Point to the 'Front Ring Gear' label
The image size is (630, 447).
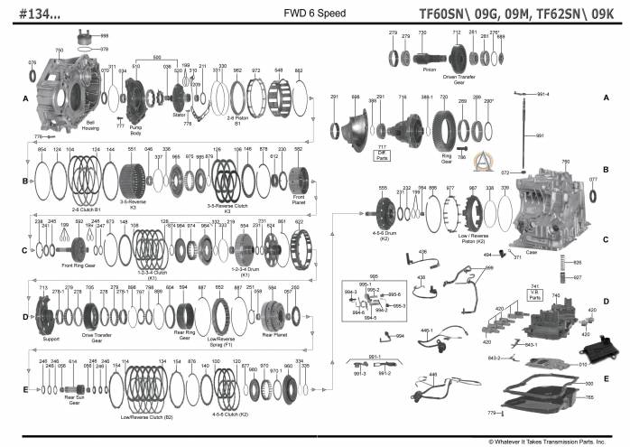79,265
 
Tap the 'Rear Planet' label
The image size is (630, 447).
275,334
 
